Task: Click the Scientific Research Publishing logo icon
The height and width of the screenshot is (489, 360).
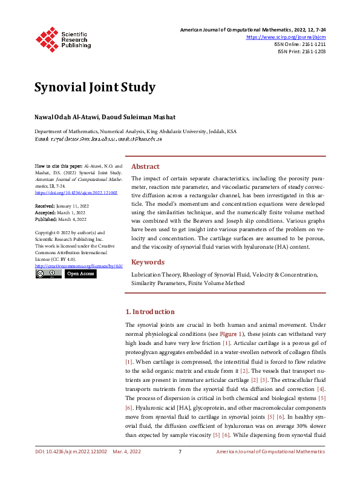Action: point(47,38)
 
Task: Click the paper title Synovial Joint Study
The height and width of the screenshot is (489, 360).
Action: point(94,87)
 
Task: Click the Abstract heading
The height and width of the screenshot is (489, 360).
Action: point(145,166)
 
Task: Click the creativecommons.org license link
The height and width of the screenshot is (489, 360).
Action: point(79,266)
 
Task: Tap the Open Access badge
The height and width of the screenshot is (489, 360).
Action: point(80,274)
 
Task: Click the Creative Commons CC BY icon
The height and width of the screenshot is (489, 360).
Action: point(48,274)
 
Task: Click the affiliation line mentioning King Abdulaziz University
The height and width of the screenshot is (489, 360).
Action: point(135,131)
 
